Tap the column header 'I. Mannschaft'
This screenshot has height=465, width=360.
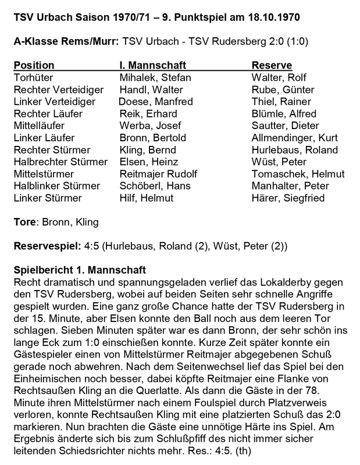click(147, 65)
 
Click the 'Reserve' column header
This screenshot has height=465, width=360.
click(272, 65)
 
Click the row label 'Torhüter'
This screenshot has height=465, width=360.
click(33, 77)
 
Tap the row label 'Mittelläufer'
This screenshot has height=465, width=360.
click(38, 126)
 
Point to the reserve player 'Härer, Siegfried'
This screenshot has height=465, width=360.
click(288, 198)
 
